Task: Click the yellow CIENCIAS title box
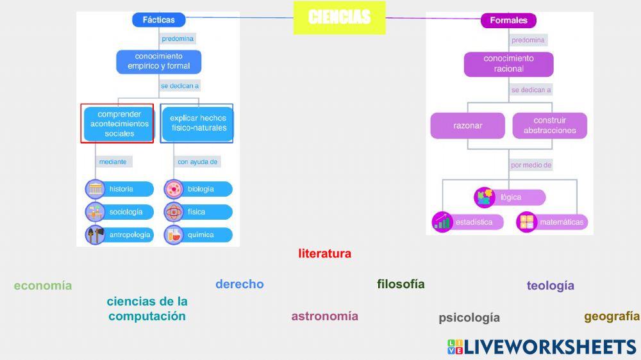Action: (x=339, y=17)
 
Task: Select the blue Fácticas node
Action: (x=158, y=20)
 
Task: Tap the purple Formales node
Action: (x=508, y=20)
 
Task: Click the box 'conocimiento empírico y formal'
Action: (x=158, y=61)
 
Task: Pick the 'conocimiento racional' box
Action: (x=508, y=63)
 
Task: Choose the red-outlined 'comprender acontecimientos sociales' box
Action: (x=118, y=124)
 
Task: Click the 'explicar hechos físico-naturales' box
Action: (x=197, y=124)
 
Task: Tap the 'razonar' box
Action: (x=468, y=126)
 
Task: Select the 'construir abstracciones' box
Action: (x=549, y=126)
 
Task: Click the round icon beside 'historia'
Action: (x=96, y=189)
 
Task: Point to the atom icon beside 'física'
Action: (x=174, y=212)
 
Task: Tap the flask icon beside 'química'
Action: (x=174, y=235)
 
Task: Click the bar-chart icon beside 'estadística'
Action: (x=443, y=222)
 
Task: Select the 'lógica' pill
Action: (x=510, y=197)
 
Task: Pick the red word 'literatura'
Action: (x=324, y=254)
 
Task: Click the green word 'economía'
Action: (x=43, y=286)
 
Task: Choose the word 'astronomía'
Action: (x=324, y=316)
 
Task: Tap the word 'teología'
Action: (x=550, y=286)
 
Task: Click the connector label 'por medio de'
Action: (x=531, y=165)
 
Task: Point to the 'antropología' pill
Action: (x=128, y=235)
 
